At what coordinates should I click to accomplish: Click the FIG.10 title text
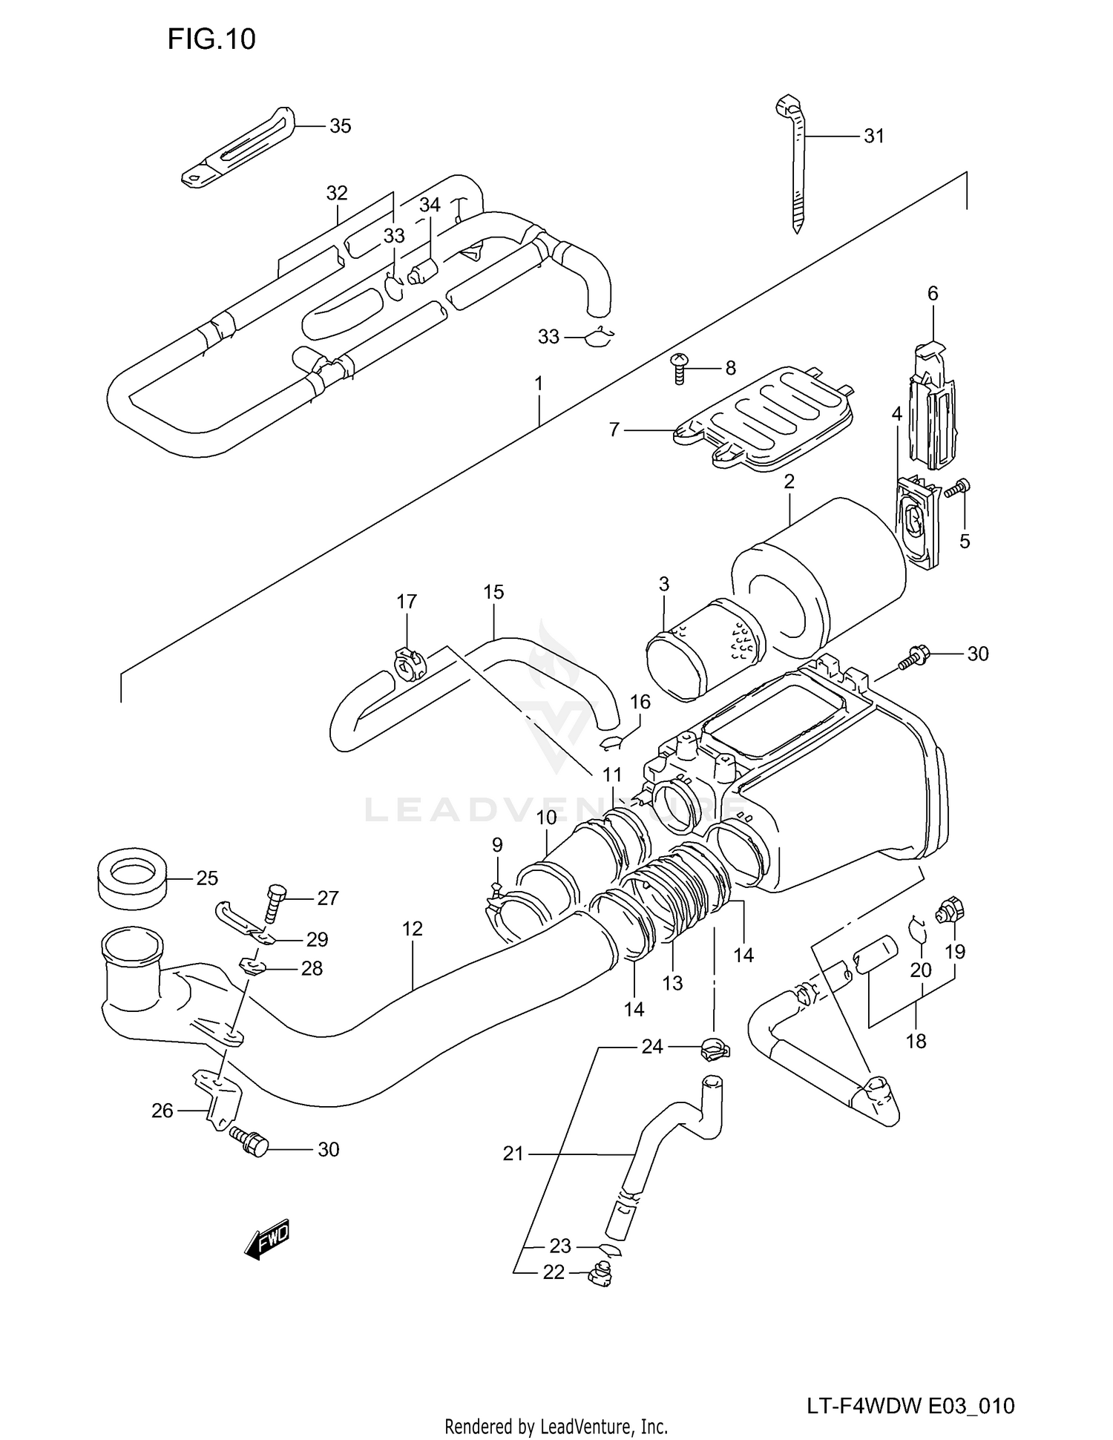211,39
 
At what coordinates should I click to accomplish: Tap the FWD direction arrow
266,1238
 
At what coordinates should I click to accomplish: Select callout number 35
340,126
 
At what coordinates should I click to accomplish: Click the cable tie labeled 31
795,163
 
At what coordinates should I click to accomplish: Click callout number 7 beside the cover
614,430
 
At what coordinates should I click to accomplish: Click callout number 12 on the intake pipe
413,929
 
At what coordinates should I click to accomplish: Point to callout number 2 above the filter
789,481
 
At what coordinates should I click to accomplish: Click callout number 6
933,294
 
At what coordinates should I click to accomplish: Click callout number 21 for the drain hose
513,1154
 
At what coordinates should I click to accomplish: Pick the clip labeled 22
600,1275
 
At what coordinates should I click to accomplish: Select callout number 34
430,206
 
